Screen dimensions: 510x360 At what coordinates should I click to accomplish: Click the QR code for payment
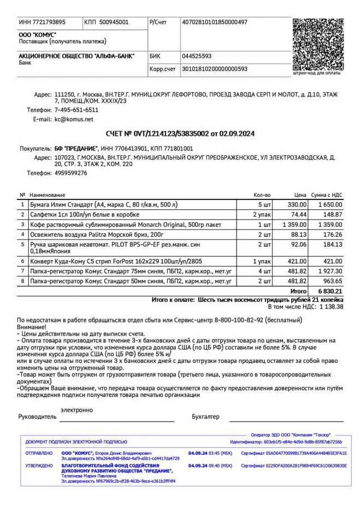coord(318,44)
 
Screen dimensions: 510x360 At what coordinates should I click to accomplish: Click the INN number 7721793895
coord(42,22)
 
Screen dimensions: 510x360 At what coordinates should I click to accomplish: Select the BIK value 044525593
coord(197,56)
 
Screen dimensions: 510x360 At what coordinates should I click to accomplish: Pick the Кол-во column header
coord(262,195)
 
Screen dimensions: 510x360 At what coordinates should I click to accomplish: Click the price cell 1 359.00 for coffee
coord(294,224)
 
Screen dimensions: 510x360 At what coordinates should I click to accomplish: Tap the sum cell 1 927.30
coord(330,271)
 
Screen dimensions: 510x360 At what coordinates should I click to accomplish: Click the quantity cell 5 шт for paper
coord(264,204)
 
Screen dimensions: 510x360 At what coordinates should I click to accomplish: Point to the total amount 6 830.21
coord(331,291)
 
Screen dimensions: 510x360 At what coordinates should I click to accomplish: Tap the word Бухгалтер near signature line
coord(205,417)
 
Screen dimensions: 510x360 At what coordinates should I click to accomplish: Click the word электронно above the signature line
coord(76,410)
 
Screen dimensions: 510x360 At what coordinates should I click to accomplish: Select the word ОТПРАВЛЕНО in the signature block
coord(39,453)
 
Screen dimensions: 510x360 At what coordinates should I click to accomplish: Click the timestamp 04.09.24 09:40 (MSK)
coord(210,466)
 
